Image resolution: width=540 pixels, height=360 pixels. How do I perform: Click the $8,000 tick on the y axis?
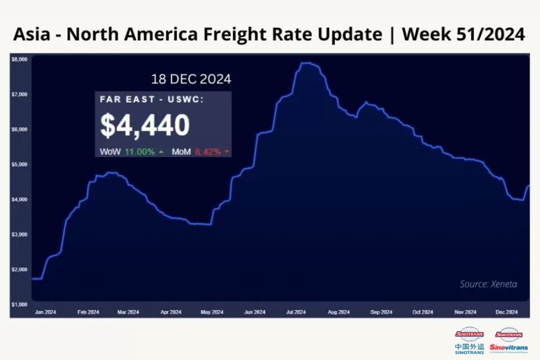19,59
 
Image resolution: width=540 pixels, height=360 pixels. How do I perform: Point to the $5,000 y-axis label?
19,164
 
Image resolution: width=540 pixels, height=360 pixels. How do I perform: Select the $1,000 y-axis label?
19,305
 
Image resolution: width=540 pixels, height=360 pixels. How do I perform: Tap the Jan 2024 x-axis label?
46,312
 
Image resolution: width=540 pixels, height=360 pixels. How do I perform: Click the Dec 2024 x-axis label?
506,312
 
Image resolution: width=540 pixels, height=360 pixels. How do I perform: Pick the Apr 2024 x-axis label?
172,312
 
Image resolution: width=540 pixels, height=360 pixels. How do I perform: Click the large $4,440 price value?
145,125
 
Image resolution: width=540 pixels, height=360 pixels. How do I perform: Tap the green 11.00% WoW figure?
139,152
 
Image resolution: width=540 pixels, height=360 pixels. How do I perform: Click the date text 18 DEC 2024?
190,79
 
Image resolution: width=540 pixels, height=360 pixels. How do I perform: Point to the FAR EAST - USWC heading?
152,100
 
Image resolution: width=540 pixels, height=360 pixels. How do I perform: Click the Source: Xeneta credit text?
488,284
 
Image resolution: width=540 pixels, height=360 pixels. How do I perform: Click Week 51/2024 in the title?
463,34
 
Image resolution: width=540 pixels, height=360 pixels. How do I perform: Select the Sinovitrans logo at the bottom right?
509,340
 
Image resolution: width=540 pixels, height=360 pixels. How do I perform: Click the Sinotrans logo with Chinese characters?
470,340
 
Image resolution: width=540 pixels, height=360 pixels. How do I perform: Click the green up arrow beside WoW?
161,152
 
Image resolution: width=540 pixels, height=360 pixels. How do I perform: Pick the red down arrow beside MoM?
227,152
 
